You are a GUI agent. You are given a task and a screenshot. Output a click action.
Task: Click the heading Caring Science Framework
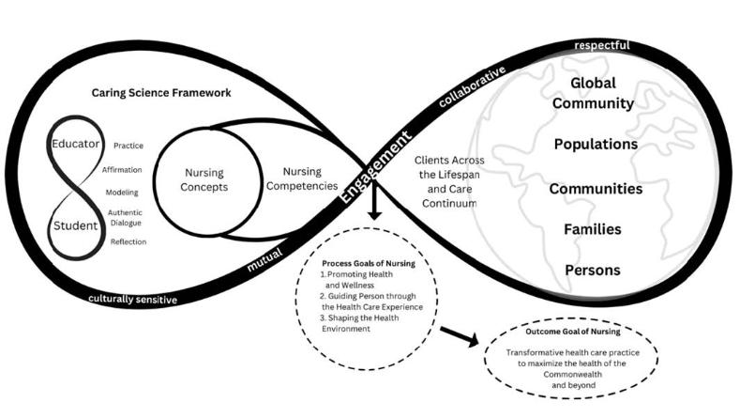point(161,93)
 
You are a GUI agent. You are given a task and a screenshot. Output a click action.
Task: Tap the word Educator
point(78,148)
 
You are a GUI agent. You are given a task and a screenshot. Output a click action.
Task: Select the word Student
point(77,225)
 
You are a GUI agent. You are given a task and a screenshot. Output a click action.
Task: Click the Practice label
point(128,146)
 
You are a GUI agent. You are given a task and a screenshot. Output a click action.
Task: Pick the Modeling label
point(126,192)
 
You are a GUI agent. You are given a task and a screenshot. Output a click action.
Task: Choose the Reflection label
point(128,241)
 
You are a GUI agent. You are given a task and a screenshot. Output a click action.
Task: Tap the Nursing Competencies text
point(302,178)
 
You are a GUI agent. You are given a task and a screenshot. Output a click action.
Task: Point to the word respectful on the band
point(601,44)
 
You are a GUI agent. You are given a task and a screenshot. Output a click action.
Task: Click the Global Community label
point(601,93)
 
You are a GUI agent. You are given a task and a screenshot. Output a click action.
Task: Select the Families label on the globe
point(592,228)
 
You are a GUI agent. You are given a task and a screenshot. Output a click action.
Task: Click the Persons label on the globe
point(592,271)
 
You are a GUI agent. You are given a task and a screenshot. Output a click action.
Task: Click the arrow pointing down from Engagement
point(375,208)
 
